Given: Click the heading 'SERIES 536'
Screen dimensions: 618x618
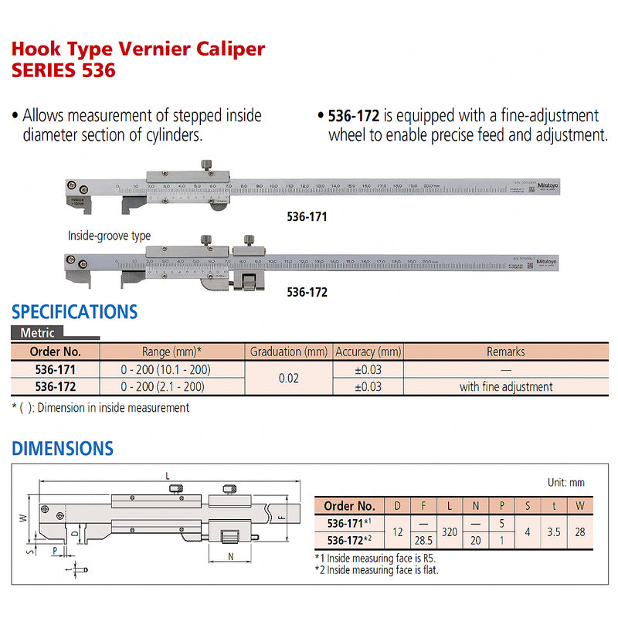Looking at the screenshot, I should [63, 71].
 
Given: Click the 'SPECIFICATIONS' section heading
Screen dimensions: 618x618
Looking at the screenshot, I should [74, 312].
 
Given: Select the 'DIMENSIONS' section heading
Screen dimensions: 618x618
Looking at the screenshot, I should [63, 448].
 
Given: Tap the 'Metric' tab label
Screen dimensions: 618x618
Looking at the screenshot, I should [36, 333].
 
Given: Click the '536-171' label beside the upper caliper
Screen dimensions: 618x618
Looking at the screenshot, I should [307, 218].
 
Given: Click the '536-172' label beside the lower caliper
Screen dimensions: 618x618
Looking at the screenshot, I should [307, 293].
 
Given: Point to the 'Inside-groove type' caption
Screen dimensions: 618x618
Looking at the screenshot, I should [109, 236].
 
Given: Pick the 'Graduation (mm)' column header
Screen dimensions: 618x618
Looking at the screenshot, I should [289, 351].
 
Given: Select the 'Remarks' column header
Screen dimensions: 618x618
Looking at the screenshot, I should [505, 351].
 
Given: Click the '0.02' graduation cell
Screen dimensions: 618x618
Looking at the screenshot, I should [289, 379].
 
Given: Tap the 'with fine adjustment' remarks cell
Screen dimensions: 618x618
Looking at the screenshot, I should [505, 387].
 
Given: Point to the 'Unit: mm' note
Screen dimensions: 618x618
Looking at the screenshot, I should [565, 482].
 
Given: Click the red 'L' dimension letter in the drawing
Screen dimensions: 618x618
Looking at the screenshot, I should [168, 476].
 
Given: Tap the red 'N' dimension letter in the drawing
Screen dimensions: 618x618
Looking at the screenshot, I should [231, 555].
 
